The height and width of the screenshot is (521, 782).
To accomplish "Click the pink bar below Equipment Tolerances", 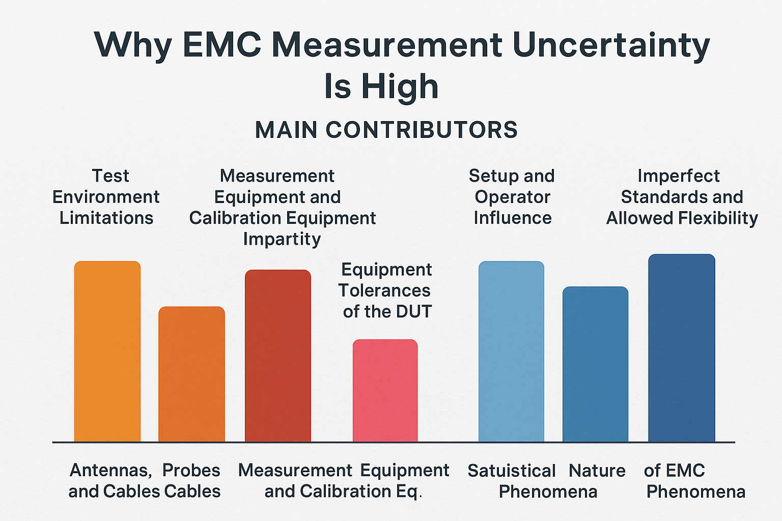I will click(385, 390).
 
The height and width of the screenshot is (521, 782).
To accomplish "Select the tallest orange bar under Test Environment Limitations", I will click(107, 351).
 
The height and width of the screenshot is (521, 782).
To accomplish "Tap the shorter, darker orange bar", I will click(191, 374).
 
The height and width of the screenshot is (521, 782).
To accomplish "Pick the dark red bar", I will click(278, 356).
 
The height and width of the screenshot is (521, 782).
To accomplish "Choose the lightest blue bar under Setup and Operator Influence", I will click(511, 351).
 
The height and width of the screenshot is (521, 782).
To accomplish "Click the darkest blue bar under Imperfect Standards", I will click(682, 348).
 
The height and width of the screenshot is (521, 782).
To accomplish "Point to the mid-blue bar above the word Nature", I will click(595, 364).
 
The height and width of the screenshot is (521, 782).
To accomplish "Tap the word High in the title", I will click(400, 86).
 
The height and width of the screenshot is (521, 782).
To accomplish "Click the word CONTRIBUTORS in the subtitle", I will click(422, 130).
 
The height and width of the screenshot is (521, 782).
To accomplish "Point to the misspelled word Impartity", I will click(282, 239).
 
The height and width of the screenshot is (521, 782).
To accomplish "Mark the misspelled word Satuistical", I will click(511, 471).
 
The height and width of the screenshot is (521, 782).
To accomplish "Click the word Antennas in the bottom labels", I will click(110, 470).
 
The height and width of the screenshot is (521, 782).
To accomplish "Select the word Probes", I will click(191, 470).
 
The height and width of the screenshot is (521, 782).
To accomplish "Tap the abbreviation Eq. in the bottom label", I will click(409, 491).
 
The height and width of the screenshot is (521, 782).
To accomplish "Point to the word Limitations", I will click(106, 218).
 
